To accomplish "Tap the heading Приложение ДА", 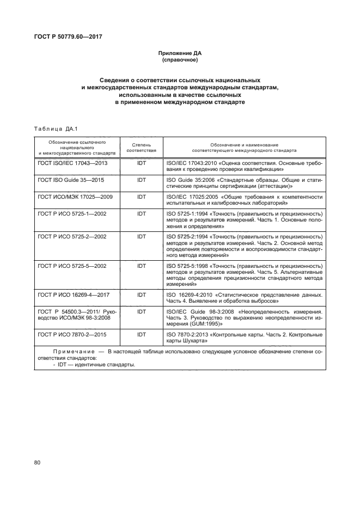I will coord(179,53).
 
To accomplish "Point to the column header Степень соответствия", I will coord(142,148).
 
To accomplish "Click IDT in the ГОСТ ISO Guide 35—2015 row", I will coord(142,179).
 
